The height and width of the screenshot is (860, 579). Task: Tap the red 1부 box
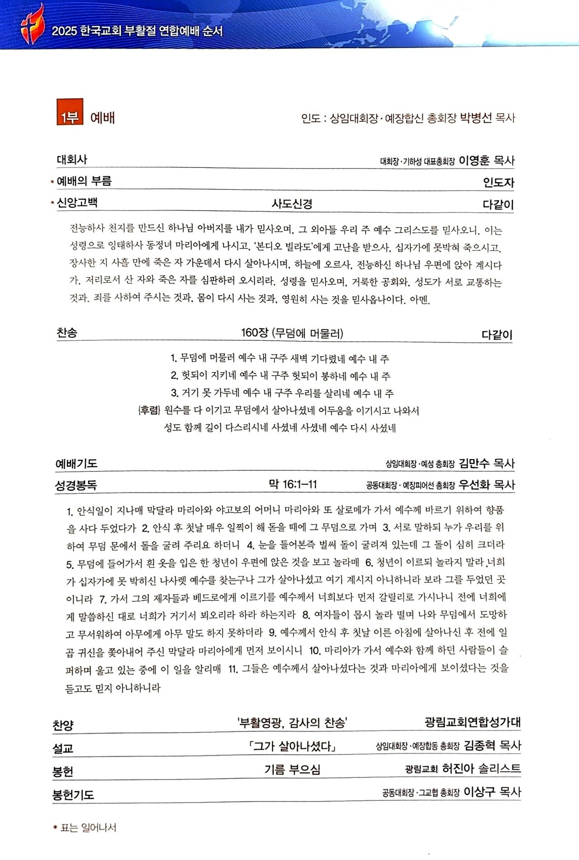70,112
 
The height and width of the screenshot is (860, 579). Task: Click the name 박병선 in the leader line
475,118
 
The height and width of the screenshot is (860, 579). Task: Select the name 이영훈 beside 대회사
474,161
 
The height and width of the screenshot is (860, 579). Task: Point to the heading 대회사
72,160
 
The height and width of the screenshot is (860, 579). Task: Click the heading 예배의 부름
84,182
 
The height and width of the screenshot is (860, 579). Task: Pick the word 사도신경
292,204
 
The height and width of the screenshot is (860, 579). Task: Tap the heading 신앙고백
77,203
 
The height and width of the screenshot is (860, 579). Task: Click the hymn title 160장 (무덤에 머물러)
292,334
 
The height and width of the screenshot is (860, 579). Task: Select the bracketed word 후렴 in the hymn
149,411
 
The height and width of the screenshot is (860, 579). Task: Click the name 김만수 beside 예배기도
474,463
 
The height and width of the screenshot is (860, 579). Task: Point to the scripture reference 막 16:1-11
293,485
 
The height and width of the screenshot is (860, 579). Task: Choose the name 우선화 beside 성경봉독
474,485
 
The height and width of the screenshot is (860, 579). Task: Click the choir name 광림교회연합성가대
473,722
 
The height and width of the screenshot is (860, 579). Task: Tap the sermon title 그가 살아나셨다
292,746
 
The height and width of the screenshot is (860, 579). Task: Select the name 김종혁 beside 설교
479,745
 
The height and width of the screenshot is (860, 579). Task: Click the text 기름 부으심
292,769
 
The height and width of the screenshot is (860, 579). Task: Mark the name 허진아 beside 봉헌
458,769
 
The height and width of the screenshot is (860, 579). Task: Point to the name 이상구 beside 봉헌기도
479,792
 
